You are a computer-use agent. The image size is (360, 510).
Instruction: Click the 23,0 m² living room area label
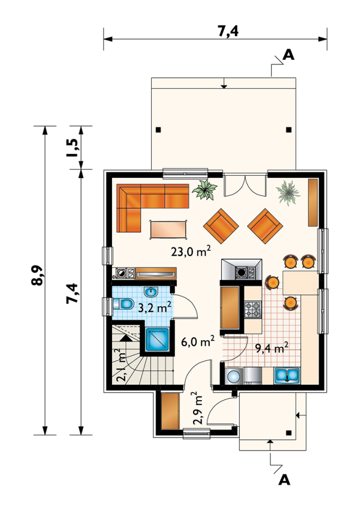tap(191, 251)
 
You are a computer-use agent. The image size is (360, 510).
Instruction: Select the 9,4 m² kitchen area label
tap(272, 349)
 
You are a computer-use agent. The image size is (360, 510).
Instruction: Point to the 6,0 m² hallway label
tap(198, 341)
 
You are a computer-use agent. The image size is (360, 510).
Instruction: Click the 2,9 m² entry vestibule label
tap(197, 408)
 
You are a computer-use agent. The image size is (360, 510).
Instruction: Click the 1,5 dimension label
tap(72, 148)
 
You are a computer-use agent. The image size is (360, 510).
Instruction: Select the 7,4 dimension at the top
tap(228, 31)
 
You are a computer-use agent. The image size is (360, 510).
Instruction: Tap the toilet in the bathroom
tap(123, 304)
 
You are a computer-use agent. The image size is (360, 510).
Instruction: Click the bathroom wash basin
tap(151, 292)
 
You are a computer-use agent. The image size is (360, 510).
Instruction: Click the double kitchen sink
tap(287, 376)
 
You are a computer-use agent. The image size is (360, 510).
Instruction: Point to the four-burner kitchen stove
tap(253, 309)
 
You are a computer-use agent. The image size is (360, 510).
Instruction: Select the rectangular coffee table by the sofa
tap(169, 230)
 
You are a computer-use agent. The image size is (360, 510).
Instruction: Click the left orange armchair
tap(221, 226)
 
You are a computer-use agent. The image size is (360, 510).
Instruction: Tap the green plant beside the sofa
tap(204, 189)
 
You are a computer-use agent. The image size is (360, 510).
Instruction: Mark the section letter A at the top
tap(288, 55)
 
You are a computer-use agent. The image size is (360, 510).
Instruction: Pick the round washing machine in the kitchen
tap(233, 376)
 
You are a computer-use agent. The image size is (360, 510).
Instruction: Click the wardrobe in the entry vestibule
tap(170, 411)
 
